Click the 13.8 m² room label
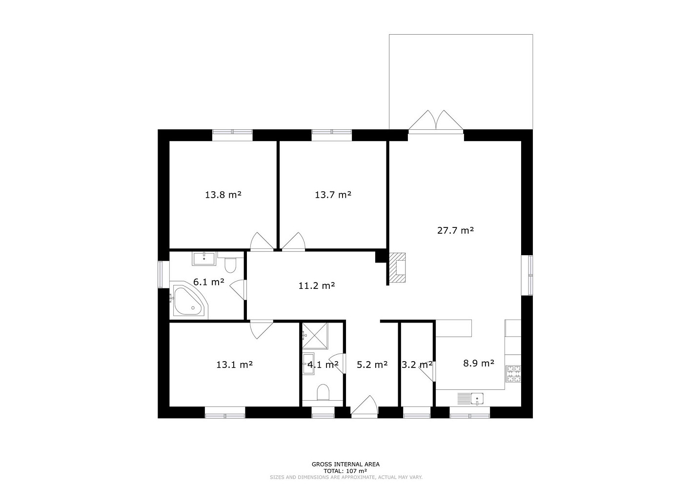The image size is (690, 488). coord(223,195)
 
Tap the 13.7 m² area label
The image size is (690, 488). coord(333,195)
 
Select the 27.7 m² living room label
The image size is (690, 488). coord(455,230)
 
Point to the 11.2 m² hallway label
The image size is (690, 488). coord(317,286)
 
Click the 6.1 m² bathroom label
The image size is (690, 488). coord(208,282)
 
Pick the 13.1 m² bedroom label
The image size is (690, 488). coord(234,365)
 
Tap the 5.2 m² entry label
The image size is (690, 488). coord(372,365)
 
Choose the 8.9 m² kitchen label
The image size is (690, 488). coord(479,364)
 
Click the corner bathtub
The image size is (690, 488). coord(188,301)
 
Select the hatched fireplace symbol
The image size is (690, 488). coord(397,268)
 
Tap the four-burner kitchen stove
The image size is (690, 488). coord(513,374)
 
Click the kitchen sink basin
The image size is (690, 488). coord(477,398)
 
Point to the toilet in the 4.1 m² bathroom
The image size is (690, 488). coord(323,392)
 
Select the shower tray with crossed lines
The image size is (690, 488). coord(315,336)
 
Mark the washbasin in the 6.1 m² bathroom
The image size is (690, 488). coord(204,259)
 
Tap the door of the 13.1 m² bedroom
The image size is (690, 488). coord(262,329)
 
